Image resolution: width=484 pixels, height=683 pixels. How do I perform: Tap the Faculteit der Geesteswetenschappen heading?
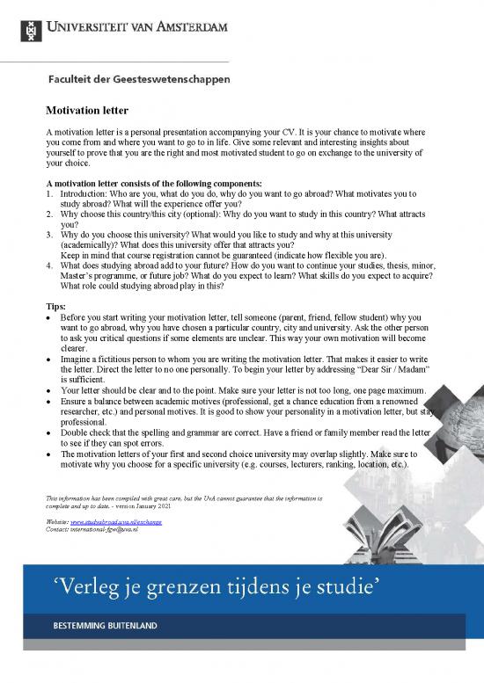(139, 79)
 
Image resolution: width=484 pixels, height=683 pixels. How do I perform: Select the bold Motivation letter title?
(87, 111)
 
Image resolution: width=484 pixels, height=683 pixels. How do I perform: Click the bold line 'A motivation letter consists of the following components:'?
(154, 183)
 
